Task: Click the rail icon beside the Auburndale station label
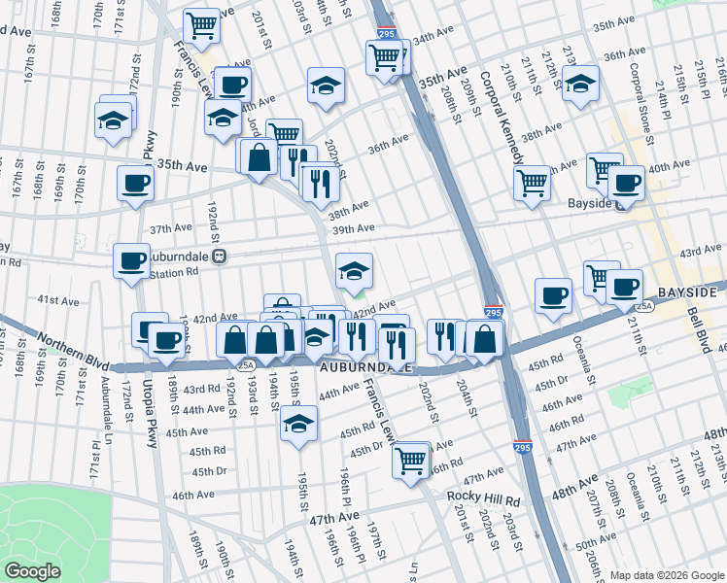(x=221, y=257)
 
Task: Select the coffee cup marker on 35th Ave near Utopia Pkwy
(x=135, y=183)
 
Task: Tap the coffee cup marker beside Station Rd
(x=131, y=259)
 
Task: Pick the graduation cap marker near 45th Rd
(x=298, y=424)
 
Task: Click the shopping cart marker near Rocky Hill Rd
(x=411, y=459)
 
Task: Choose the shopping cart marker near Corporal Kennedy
(x=532, y=181)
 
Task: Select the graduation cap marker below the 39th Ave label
(x=354, y=269)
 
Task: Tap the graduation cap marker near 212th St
(x=581, y=87)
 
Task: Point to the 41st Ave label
(x=57, y=302)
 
